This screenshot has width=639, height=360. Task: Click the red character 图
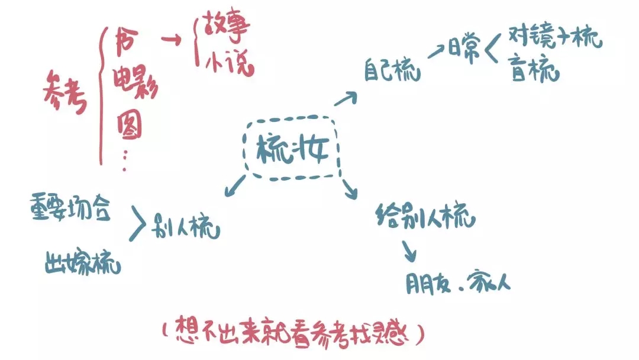pos(130,125)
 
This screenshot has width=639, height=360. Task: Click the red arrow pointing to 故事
pos(172,40)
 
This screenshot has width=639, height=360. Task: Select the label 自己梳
pos(392,71)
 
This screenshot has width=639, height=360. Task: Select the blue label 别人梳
pos(186,226)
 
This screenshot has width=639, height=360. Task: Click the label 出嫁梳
pos(83,263)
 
